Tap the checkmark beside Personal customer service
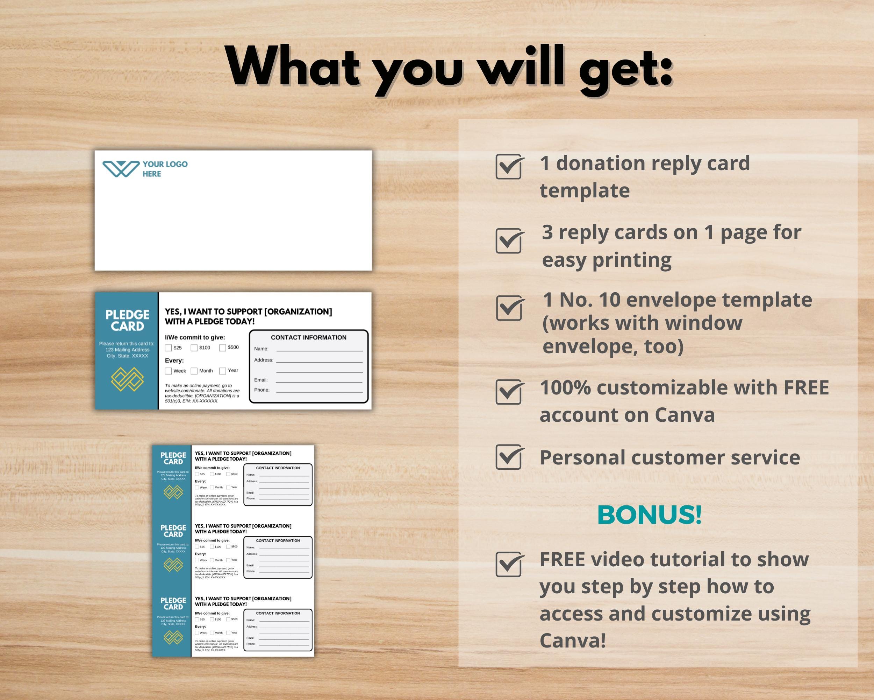tap(509, 457)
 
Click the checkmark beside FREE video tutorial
tap(509, 564)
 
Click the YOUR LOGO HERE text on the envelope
tap(165, 169)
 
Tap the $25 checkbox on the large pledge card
tap(168, 348)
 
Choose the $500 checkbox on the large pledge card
tap(223, 348)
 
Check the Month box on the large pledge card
tap(194, 371)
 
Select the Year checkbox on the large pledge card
tap(223, 371)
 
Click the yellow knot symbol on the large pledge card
tap(127, 379)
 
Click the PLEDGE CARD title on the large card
tap(127, 320)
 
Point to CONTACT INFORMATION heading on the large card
tap(308, 337)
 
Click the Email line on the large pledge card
tap(319, 380)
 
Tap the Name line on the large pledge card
tap(320, 349)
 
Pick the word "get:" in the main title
tap(625, 67)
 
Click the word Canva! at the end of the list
tap(572, 640)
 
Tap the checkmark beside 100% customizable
tap(509, 392)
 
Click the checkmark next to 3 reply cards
tap(509, 241)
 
